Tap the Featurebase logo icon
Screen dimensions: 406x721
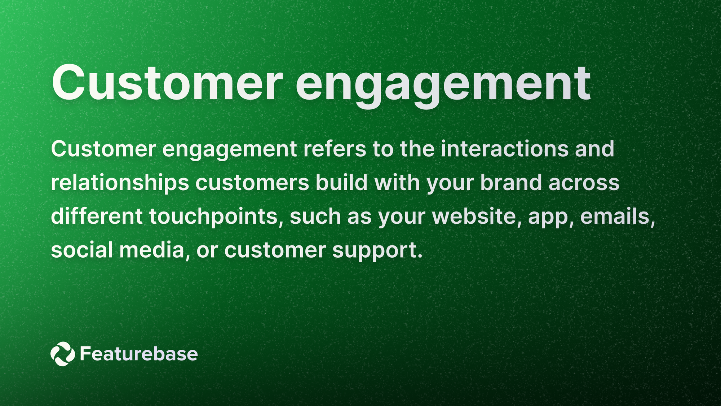63,354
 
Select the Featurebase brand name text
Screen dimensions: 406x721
139,354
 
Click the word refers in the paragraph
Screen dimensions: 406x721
335,149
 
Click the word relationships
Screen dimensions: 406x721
120,183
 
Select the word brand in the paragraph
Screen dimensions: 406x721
511,183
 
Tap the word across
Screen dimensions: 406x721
584,183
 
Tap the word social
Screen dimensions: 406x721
82,250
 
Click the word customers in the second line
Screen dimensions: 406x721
252,183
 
